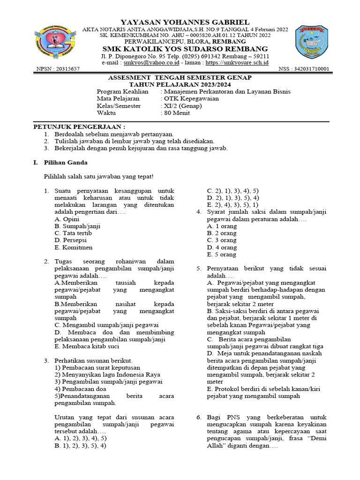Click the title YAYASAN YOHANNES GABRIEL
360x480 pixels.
185,22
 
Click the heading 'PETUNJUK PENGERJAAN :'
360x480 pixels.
79,127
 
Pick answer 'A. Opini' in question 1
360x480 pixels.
67,219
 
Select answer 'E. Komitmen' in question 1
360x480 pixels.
74,247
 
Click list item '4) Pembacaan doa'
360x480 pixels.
80,389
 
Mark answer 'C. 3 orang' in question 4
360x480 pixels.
222,240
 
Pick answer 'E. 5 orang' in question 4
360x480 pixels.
222,255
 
